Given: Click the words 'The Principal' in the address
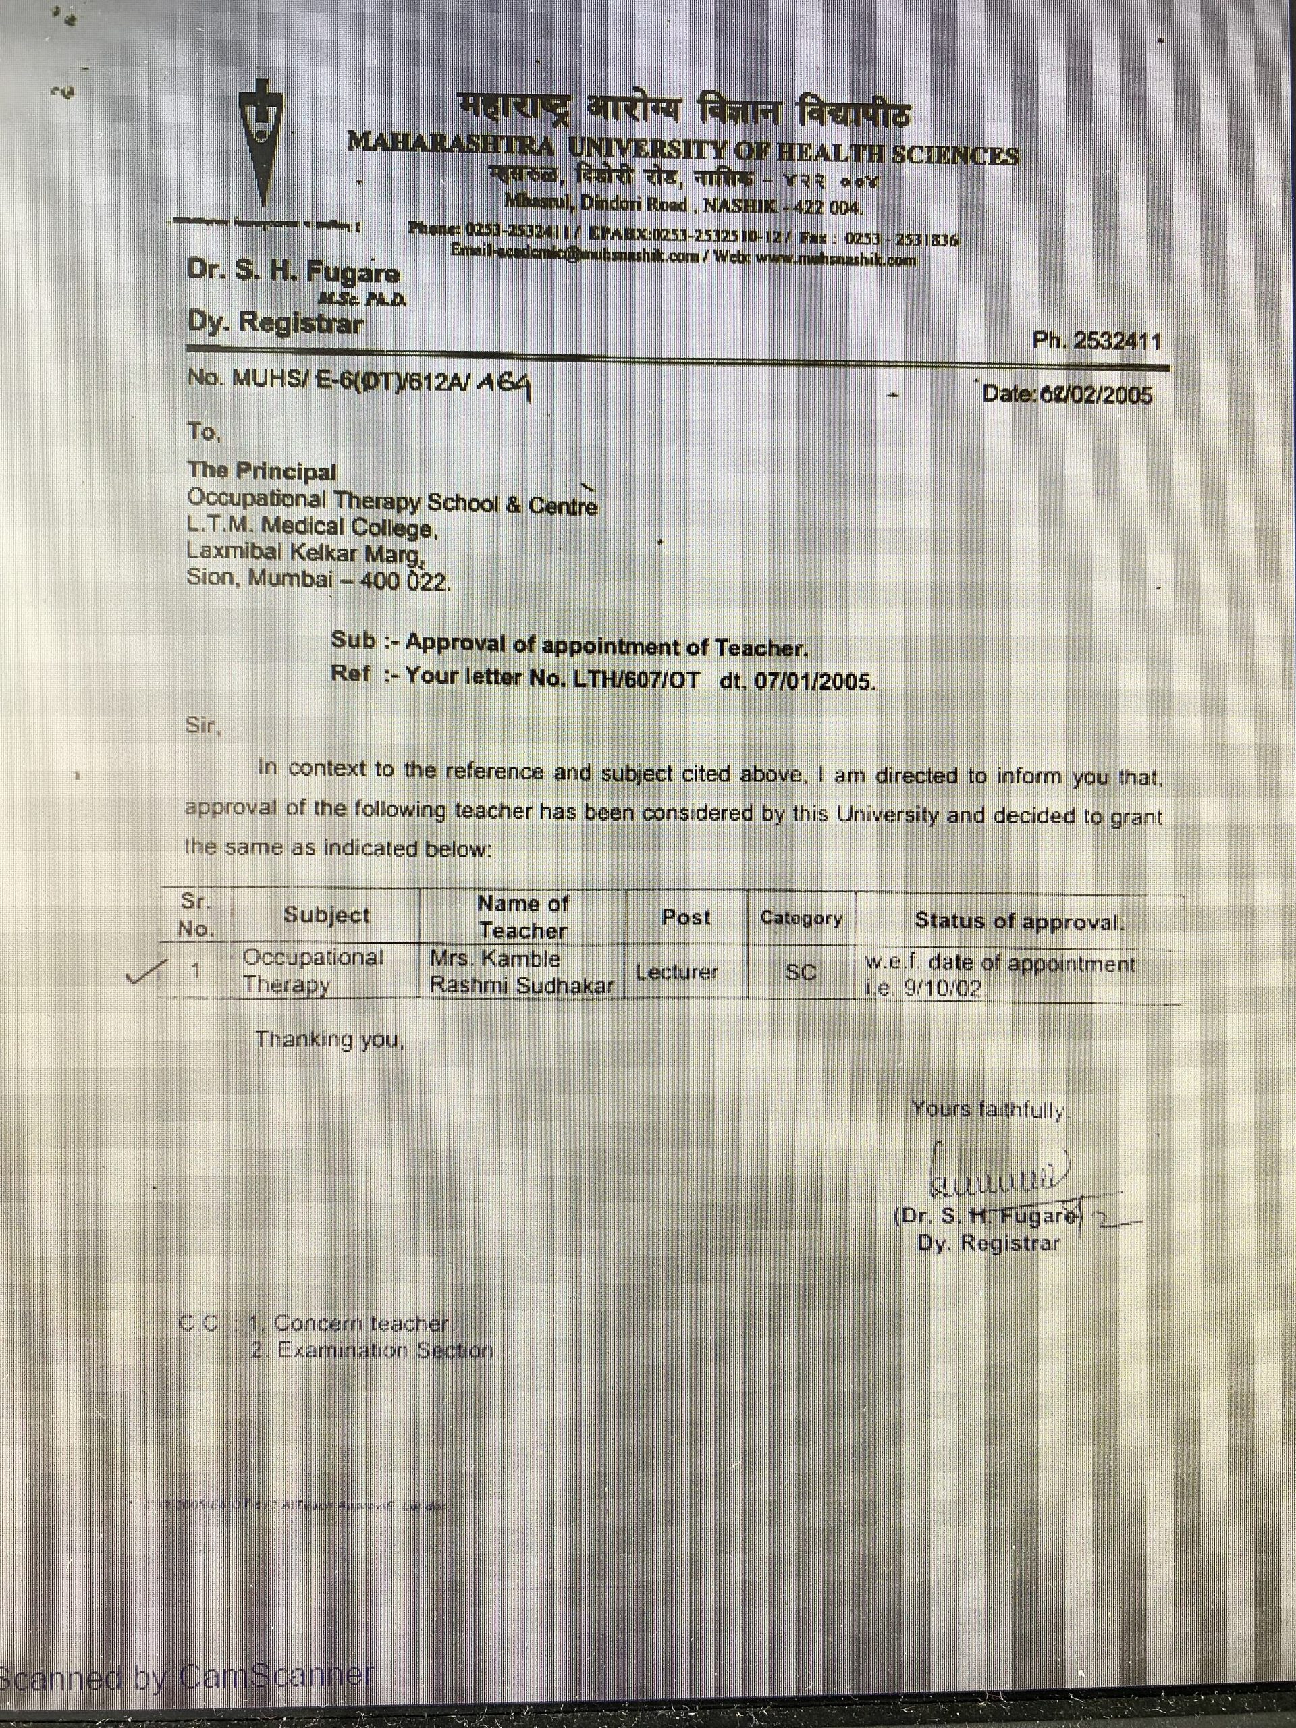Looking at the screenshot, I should tap(262, 471).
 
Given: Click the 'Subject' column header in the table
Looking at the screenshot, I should tap(327, 915).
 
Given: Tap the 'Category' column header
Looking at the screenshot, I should tap(801, 918).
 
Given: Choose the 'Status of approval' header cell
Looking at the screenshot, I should tap(1019, 922).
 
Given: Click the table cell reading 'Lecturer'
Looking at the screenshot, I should tap(676, 972).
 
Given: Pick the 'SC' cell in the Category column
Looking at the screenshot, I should tap(801, 973).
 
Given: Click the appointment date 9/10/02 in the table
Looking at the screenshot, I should tap(942, 988).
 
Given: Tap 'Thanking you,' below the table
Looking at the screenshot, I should tap(329, 1039).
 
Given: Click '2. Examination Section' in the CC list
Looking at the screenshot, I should tap(373, 1351).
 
